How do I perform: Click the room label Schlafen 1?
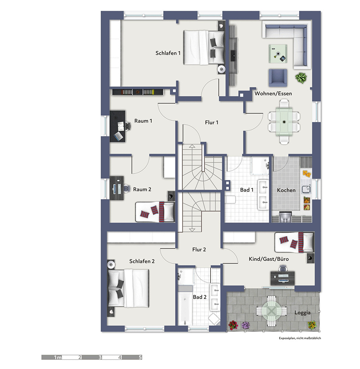click(x=168, y=53)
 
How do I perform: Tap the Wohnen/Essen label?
click(x=273, y=93)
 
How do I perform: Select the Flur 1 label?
click(x=211, y=123)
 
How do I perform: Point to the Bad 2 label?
click(x=200, y=297)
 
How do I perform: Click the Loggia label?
click(x=302, y=313)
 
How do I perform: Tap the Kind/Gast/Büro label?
click(x=269, y=259)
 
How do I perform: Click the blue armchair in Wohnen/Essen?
click(x=278, y=77)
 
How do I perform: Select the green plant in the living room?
click(x=301, y=78)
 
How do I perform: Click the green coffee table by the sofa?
click(x=278, y=54)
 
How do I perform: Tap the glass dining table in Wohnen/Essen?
click(x=284, y=122)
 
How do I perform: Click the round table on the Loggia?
click(x=271, y=311)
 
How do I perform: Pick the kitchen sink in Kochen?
click(x=307, y=189)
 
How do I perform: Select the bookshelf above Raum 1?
click(x=138, y=92)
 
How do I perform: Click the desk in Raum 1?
click(x=117, y=126)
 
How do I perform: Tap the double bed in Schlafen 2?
click(x=128, y=288)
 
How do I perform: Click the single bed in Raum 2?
click(x=155, y=212)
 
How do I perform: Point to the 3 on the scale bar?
click(x=100, y=357)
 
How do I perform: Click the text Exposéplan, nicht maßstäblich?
click(x=300, y=338)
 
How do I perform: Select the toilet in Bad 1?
click(x=231, y=200)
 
